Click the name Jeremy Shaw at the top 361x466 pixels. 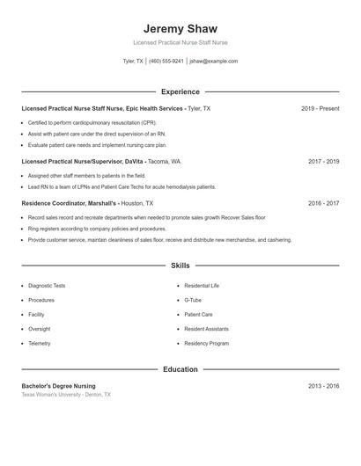(x=180, y=28)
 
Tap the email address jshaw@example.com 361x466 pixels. (x=214, y=62)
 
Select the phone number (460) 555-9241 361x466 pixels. (x=166, y=62)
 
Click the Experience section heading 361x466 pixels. (x=180, y=91)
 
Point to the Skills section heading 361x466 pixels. (x=180, y=265)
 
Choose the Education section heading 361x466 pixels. (x=180, y=369)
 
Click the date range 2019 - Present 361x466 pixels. (x=320, y=108)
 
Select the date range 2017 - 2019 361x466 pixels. (x=323, y=162)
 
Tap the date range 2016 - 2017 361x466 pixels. (x=323, y=203)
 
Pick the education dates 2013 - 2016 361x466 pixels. (x=323, y=386)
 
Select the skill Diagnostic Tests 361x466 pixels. (x=47, y=286)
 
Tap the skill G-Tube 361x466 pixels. (x=193, y=300)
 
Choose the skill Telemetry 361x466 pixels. (x=40, y=343)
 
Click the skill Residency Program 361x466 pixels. (x=206, y=343)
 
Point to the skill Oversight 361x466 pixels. (x=40, y=329)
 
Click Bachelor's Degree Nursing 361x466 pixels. (x=58, y=386)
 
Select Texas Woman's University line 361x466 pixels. (x=66, y=395)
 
